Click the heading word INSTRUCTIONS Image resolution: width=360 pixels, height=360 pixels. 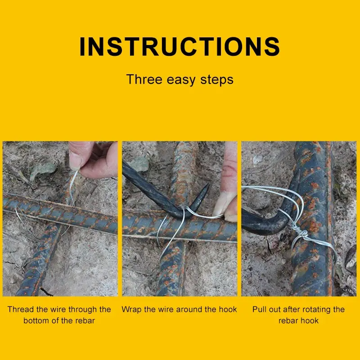tap(180, 47)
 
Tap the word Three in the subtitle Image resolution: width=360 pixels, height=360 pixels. tap(144, 80)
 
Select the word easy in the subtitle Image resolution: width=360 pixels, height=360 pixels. tap(181, 81)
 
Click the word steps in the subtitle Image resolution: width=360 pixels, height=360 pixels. tap(217, 81)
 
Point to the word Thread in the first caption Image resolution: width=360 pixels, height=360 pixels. tap(21, 309)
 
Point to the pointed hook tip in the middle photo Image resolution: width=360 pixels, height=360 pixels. tap(208, 184)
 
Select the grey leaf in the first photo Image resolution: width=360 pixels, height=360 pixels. tap(43, 170)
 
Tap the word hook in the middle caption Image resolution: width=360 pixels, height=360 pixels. tap(228, 309)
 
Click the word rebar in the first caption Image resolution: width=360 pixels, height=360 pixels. tap(85, 320)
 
